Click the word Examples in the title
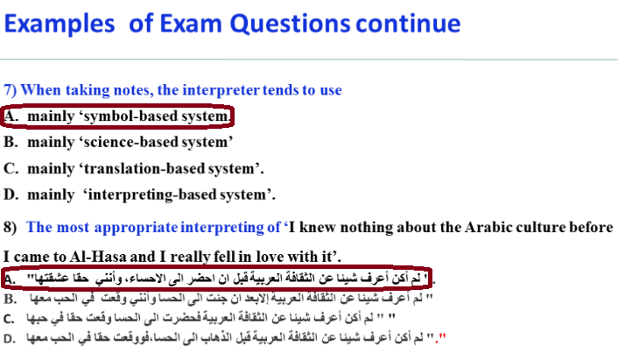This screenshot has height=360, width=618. tap(60, 25)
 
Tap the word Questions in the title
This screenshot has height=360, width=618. tap(290, 25)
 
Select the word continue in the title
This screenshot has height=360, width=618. tap(408, 24)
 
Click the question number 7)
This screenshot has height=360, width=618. tap(11, 90)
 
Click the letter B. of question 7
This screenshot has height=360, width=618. tap(11, 142)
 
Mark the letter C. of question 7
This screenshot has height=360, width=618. tap(11, 168)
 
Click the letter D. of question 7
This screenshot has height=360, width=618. tap(11, 194)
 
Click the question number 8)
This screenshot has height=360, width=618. tap(11, 228)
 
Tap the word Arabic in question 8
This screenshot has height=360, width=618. tap(488, 227)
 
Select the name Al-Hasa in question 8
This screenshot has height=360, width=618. tap(98, 257)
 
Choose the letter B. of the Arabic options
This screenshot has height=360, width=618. tap(11, 299)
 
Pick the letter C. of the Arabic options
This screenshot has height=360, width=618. tap(10, 319)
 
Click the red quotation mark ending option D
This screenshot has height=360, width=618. tap(443, 337)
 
